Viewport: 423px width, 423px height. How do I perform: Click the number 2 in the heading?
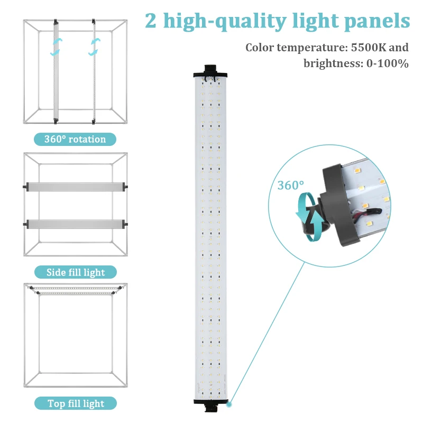pyautogui.click(x=151, y=21)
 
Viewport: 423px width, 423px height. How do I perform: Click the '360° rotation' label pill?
pyautogui.click(x=75, y=140)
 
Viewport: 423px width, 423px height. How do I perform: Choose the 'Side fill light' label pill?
pyautogui.click(x=75, y=273)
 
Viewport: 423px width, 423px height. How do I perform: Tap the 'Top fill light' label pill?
pyautogui.click(x=75, y=404)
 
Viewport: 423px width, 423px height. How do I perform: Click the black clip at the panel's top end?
pyautogui.click(x=211, y=70)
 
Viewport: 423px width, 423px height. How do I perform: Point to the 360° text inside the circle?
pyautogui.click(x=291, y=186)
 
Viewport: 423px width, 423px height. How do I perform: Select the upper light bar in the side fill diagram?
pyautogui.click(x=75, y=187)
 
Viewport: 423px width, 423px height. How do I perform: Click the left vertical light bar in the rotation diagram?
pyautogui.click(x=56, y=71)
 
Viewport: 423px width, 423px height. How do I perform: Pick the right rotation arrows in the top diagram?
pyautogui.click(x=95, y=46)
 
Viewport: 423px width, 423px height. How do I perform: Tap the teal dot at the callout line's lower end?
pyautogui.click(x=229, y=406)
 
